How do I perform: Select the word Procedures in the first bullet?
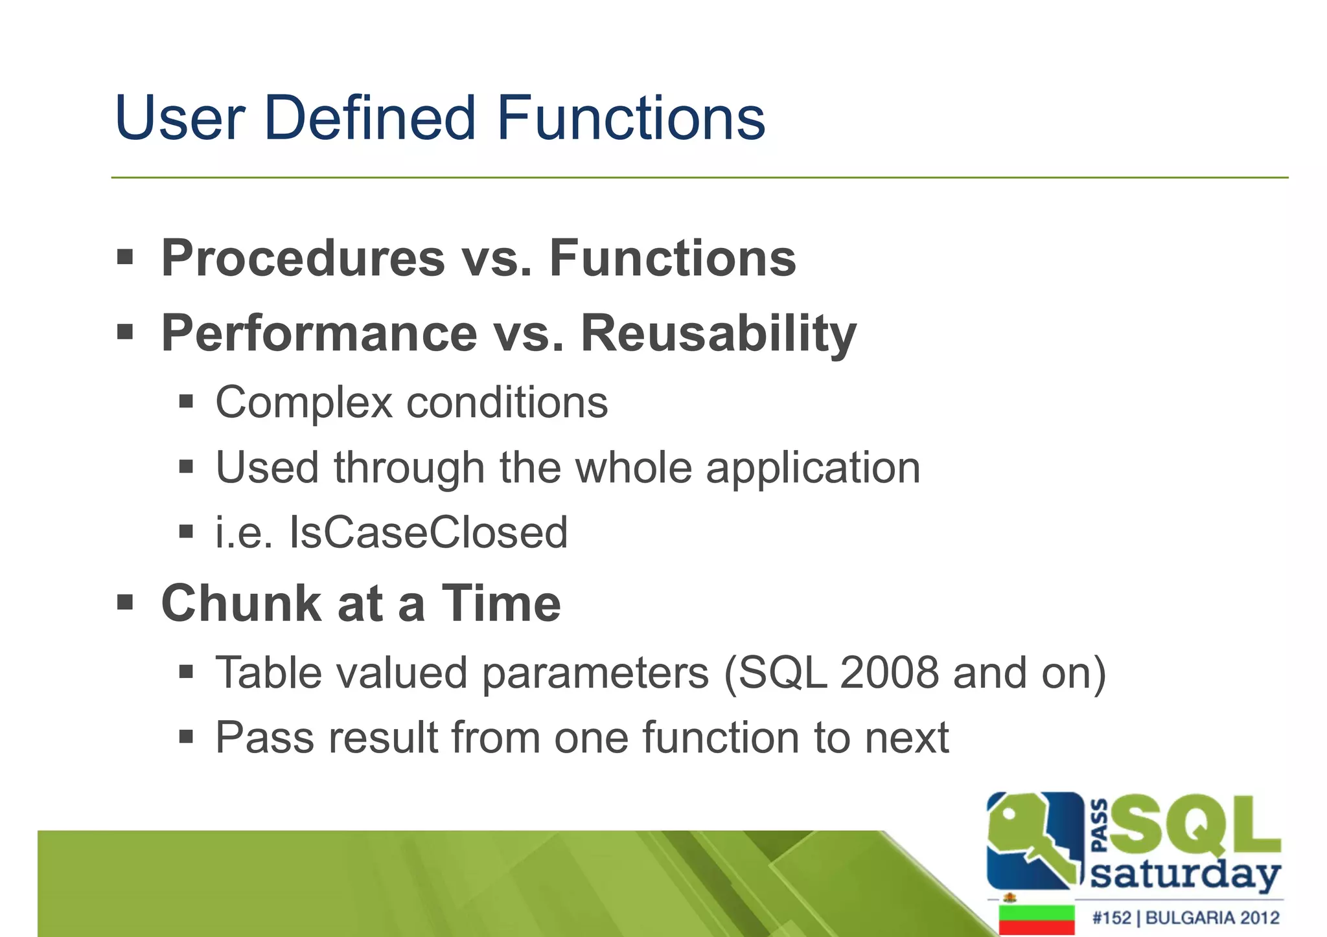tap(303, 258)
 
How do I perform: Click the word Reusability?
tap(718, 333)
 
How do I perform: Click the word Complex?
tap(304, 403)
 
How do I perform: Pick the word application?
tap(813, 468)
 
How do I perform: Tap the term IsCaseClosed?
tap(428, 533)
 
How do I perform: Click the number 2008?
tap(889, 673)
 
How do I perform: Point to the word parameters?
tap(595, 673)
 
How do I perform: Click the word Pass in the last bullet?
tap(264, 738)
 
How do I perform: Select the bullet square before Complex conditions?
tap(187, 402)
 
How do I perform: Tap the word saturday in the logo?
tap(1185, 875)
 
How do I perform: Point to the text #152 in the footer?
tap(1111, 918)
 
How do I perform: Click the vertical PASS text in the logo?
tap(1099, 826)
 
